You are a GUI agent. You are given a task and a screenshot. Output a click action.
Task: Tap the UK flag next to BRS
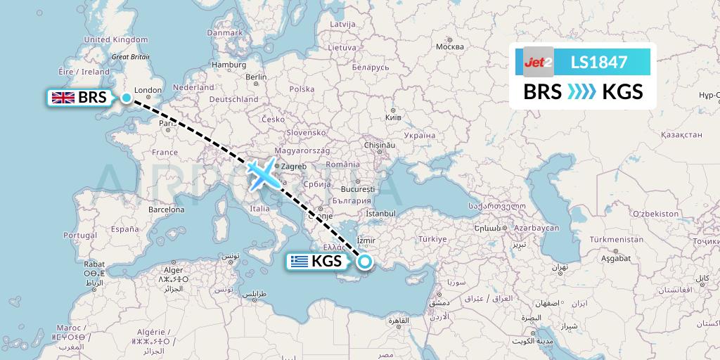click(x=65, y=98)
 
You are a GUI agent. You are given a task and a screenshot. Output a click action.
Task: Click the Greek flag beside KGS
click(x=300, y=262)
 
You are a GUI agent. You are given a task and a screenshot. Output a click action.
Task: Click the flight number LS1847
click(x=598, y=62)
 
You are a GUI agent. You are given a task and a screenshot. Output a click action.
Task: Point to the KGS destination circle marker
click(x=365, y=262)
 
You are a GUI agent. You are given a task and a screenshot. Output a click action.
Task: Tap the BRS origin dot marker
click(x=126, y=98)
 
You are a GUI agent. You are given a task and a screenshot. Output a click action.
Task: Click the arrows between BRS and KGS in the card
click(x=581, y=91)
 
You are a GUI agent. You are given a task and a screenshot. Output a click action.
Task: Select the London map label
click(x=148, y=90)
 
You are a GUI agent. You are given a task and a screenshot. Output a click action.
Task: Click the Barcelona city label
click(x=166, y=210)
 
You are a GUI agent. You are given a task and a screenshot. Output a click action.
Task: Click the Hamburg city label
click(x=227, y=65)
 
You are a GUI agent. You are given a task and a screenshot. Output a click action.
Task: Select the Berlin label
click(x=256, y=77)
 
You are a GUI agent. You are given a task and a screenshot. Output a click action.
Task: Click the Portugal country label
click(x=79, y=235)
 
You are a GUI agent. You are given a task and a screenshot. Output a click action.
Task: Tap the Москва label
click(x=450, y=47)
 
